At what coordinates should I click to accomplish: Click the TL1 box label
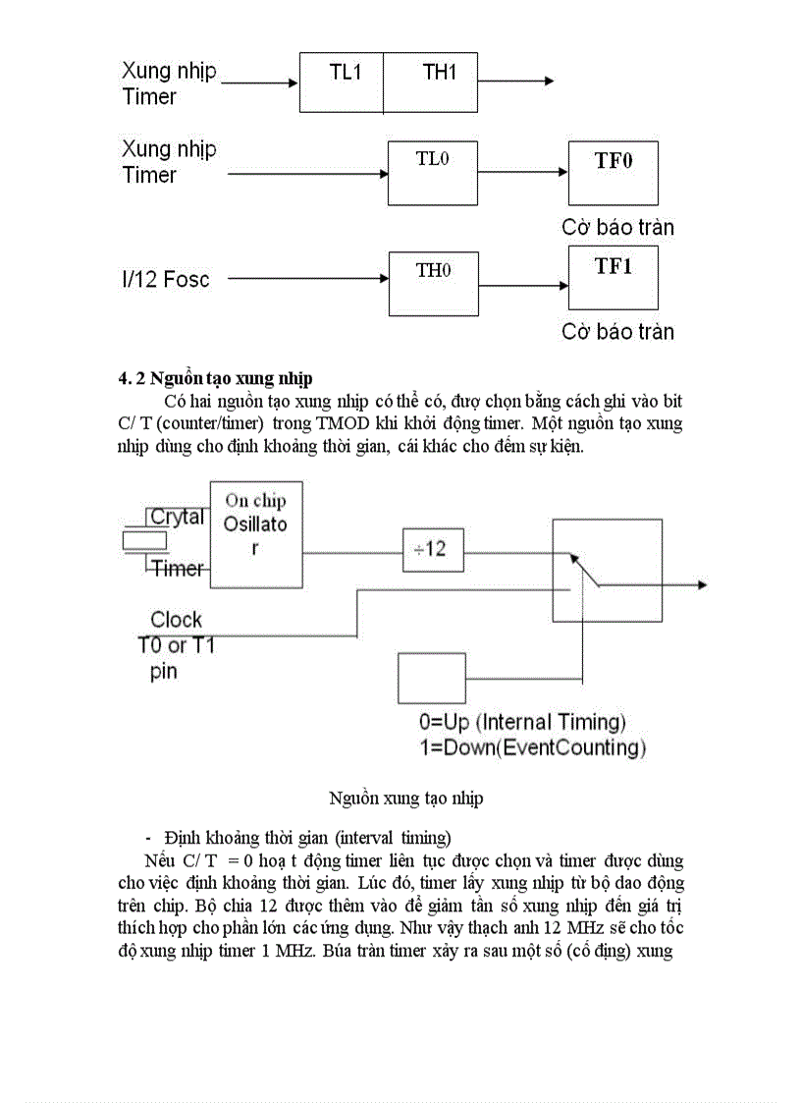pos(345,72)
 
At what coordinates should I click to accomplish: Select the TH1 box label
pos(439,72)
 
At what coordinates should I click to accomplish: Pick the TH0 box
pos(433,283)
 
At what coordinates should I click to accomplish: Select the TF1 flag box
pos(613,279)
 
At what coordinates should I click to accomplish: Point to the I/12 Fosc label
pos(166,279)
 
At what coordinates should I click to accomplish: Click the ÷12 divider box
pos(432,548)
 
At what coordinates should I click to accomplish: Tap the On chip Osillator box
pos(256,534)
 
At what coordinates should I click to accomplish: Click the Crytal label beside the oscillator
pos(177,517)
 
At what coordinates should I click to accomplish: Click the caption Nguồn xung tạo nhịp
pos(405,799)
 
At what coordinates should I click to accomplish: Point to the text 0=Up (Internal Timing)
pos(522,723)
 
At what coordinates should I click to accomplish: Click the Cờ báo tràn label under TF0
pos(617,227)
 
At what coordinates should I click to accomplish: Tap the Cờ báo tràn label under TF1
pos(617,331)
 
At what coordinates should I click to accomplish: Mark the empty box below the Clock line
pos(430,677)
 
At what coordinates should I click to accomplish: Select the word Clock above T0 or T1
pos(177,620)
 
